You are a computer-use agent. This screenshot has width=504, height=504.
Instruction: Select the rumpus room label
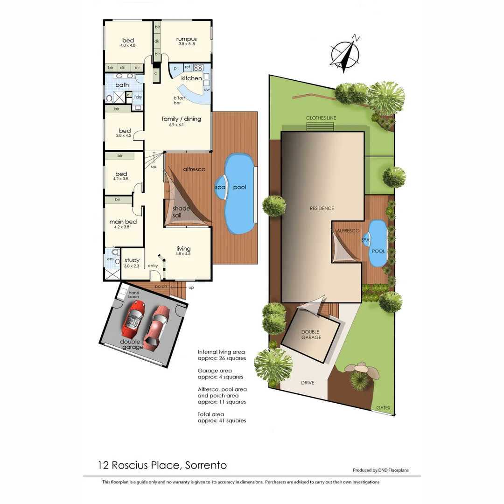click(186, 39)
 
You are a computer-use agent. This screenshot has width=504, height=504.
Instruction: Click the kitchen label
click(191, 78)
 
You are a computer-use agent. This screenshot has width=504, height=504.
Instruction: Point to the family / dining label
click(181, 119)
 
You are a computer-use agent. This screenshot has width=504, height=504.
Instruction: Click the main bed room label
click(123, 222)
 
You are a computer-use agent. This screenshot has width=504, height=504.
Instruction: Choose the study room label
click(132, 260)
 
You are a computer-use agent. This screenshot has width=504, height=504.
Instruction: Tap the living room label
click(183, 249)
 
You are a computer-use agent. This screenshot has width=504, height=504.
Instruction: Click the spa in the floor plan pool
click(220, 187)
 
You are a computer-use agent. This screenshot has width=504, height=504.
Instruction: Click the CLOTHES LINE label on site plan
click(321, 118)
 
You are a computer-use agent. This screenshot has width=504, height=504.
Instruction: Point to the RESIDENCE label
click(322, 208)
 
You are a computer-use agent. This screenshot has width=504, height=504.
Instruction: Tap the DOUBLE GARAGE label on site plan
click(311, 334)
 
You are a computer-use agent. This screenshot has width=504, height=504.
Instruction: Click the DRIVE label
click(308, 383)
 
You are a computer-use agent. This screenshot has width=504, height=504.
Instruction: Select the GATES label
click(383, 407)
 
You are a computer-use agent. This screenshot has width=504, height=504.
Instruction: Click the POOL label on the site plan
click(378, 251)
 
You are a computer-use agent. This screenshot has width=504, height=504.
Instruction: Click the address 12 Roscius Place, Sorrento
click(162, 465)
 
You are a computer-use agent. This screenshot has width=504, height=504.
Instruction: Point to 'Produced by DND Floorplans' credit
click(380, 470)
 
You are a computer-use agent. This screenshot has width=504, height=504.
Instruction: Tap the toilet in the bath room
click(109, 98)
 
